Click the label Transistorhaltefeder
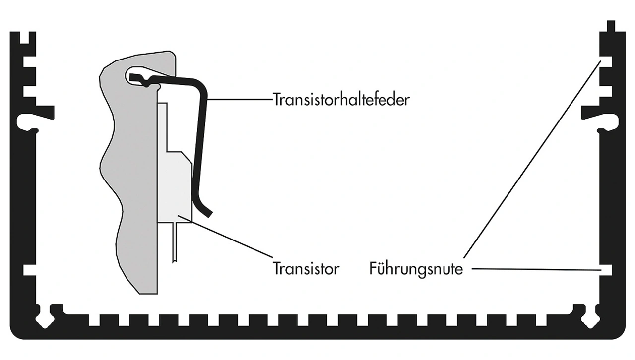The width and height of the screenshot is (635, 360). pos(341,100)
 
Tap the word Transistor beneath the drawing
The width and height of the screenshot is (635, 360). pos(306,268)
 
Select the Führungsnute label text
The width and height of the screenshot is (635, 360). pos(416,269)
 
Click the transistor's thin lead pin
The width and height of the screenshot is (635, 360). pos(175,242)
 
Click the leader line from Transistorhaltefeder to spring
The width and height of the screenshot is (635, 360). pos(240,100)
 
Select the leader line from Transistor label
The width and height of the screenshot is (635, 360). pos(225,237)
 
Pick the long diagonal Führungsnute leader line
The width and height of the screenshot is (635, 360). pos(532,159)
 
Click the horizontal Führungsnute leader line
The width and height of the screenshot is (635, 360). pos(536,269)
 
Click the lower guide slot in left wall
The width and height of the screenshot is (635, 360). pos(30,270)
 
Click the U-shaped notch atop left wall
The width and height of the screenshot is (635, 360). pos(25,38)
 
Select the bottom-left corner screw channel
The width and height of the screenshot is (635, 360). pos(45,319)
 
